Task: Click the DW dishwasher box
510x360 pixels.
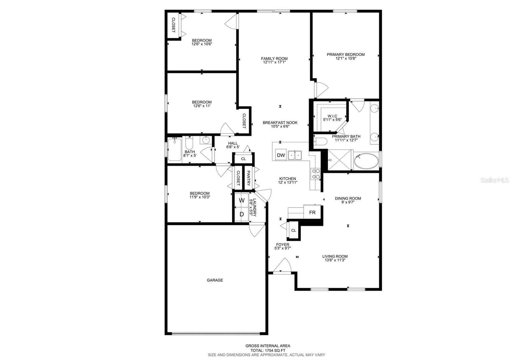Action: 281,155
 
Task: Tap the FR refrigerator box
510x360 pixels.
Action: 312,212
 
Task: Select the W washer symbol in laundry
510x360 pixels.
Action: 242,200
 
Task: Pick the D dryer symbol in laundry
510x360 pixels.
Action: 242,214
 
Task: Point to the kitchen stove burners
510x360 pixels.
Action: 316,174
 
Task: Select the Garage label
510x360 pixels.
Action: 215,280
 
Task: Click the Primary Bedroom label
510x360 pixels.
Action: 346,54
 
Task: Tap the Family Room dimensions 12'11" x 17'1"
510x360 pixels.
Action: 274,62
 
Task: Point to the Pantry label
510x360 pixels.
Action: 248,179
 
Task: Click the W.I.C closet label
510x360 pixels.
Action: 332,116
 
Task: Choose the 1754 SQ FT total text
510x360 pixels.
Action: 268,350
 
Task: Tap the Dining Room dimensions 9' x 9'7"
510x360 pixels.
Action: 348,202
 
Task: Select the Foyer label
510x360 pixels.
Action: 283,245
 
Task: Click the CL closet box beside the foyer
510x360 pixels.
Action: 294,230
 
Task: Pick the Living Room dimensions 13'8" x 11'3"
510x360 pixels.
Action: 335,260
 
